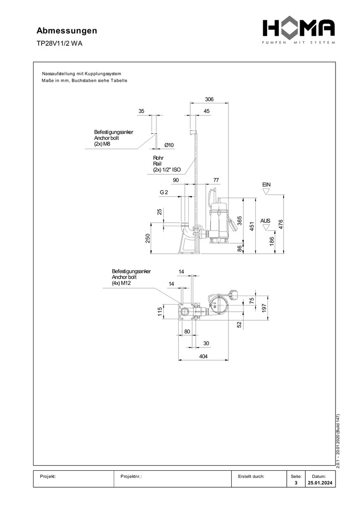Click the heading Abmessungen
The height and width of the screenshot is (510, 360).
coord(67,31)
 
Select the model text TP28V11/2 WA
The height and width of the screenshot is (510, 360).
coord(59,43)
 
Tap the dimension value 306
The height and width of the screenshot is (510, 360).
coord(209,99)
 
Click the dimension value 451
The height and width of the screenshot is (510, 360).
coord(252,226)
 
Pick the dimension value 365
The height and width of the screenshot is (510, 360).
coord(239,221)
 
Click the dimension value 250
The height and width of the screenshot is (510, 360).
coord(148,238)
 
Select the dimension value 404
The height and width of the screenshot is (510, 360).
coord(203,357)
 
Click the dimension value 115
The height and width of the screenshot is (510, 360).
coord(160,312)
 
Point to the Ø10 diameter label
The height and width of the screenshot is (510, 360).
coord(169,145)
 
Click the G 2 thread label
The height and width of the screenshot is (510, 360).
coord(164,193)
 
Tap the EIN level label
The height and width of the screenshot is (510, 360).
coord(267,184)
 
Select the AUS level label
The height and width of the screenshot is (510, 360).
coord(266,221)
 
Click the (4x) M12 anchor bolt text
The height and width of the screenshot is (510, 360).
coord(121,284)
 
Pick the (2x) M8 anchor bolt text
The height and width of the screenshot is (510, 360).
coord(102,144)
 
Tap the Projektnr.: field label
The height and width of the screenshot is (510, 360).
coord(132,477)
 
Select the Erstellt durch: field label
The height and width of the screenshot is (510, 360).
coord(251,477)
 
